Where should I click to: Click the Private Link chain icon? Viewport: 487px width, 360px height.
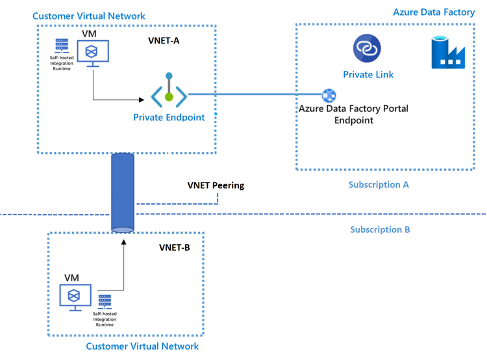pos(367,49)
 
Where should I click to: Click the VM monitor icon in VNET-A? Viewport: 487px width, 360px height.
pos(94,53)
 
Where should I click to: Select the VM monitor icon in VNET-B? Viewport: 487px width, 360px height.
pos(75,296)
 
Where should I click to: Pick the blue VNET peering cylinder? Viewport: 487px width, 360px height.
pos(122,191)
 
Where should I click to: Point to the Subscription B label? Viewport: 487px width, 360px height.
pos(380,229)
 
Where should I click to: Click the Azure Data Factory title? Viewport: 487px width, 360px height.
pos(434,12)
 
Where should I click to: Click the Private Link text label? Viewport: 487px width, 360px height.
pos(368,75)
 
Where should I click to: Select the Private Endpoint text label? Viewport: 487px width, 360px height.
pos(169,118)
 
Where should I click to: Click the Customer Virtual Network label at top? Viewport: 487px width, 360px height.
pos(89,16)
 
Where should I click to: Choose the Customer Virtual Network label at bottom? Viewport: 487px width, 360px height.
pos(142,346)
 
